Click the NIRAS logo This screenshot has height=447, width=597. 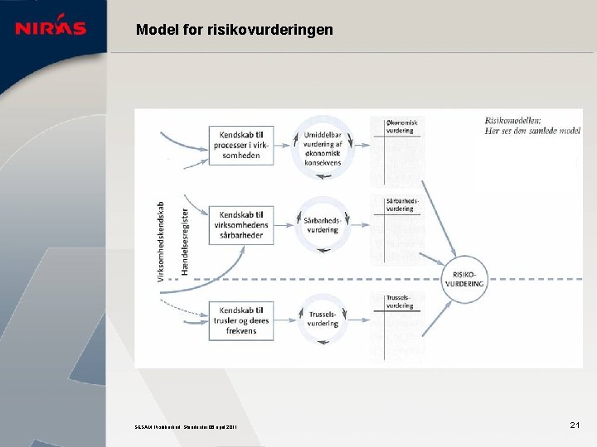(51, 27)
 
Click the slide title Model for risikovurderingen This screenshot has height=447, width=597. (235, 30)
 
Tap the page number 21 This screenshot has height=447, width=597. (574, 425)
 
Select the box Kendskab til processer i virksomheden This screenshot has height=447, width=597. (240, 145)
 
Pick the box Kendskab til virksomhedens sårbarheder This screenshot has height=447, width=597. (240, 224)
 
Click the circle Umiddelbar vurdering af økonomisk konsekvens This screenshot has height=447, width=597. (323, 146)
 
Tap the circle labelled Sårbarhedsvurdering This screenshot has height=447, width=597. (323, 224)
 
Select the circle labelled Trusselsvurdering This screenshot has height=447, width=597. (323, 319)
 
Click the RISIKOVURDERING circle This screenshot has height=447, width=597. (464, 277)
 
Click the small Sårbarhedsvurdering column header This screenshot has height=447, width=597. (401, 204)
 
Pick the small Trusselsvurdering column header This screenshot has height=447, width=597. (399, 301)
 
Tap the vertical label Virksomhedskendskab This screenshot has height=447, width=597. (161, 240)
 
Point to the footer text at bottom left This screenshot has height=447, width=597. (187, 427)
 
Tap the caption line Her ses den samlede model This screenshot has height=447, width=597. (532, 131)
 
